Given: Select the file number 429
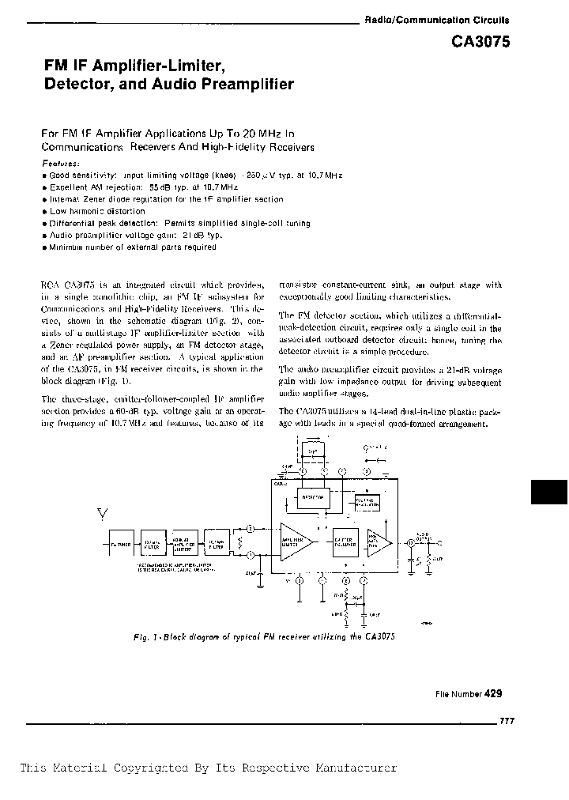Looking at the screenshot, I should tap(493, 693).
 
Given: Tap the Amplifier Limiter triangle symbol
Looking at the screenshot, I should tap(295, 540).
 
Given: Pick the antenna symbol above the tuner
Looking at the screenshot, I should tap(100, 515).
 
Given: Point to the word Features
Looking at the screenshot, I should tap(60, 164).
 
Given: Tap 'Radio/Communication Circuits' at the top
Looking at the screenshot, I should tap(436, 21).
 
